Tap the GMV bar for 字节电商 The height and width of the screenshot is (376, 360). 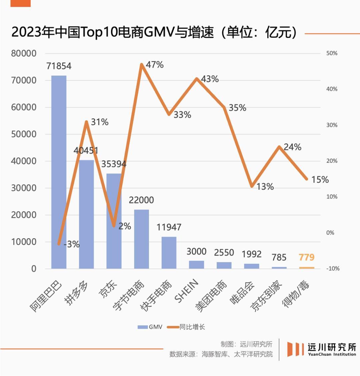(141, 239)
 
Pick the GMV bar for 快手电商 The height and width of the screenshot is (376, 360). (169, 253)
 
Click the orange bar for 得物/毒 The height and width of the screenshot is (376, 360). (307, 268)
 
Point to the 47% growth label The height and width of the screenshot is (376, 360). (155, 65)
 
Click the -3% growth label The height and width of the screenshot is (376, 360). (72, 244)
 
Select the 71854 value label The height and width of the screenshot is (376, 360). (59, 66)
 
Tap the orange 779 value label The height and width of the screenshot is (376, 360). (307, 257)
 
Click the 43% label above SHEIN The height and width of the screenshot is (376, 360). (210, 79)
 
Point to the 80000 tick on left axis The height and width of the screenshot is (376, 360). (24, 53)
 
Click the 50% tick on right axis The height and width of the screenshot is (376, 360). (332, 53)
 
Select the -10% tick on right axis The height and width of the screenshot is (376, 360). (332, 269)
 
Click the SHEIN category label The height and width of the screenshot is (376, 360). (187, 291)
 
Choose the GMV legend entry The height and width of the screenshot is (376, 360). (150, 327)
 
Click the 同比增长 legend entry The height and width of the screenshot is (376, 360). (187, 327)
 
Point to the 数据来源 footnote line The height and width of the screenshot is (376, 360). (221, 354)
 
